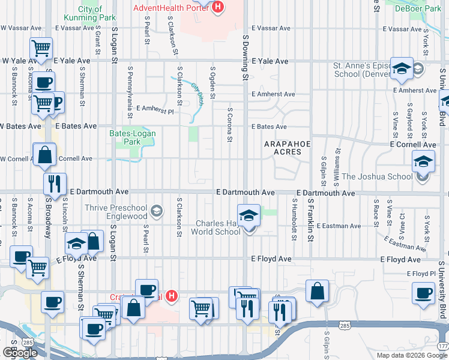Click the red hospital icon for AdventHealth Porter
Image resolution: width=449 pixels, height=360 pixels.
218,7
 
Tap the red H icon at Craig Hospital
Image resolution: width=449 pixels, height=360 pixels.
172,296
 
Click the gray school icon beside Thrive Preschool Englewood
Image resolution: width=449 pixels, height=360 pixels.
157,210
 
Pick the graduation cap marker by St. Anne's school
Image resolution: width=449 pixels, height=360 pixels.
401,68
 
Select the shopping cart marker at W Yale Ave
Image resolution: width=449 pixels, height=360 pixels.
41,48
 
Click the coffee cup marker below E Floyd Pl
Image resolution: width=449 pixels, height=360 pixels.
424,293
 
